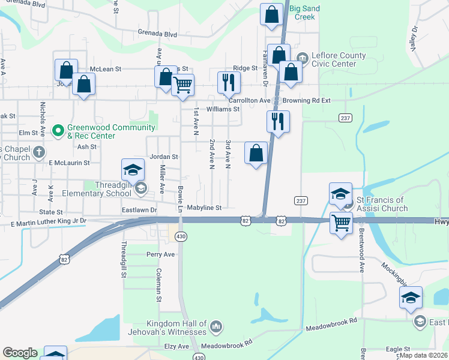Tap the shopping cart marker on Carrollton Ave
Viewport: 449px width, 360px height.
click(x=182, y=85)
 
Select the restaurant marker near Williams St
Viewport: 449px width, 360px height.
click(x=228, y=82)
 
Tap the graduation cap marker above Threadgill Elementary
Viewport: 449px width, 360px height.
click(x=133, y=170)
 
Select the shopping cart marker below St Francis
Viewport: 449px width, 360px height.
click(x=342, y=223)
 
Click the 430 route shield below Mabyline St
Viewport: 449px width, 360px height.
click(x=180, y=237)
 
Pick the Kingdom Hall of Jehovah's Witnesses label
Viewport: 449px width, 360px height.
click(x=167, y=327)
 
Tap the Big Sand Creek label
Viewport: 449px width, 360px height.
click(x=304, y=13)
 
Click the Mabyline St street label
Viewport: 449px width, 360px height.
click(x=204, y=208)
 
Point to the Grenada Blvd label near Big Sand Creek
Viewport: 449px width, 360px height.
click(x=157, y=34)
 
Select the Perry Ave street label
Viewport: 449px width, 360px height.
click(x=160, y=254)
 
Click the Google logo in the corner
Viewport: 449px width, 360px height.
click(x=20, y=353)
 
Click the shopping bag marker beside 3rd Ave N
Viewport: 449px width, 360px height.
click(x=256, y=153)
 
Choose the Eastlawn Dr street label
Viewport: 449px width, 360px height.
click(x=139, y=210)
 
